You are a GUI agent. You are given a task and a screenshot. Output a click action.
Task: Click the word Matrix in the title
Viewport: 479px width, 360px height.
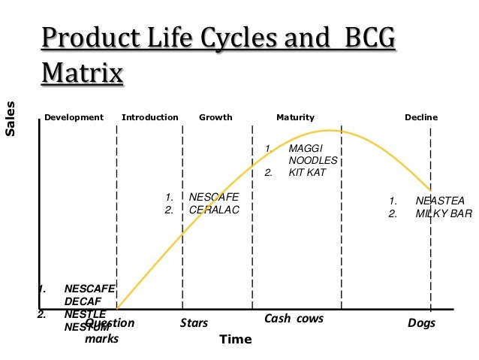point(83,74)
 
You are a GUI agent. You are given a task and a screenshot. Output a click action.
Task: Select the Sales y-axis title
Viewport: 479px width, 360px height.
point(11,119)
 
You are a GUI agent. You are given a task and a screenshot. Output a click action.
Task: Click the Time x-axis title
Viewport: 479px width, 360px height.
point(235,339)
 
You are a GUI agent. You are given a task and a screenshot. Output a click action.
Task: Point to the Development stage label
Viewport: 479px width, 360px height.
point(74,117)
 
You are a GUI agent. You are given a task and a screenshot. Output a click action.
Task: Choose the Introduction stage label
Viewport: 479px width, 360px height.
point(150,117)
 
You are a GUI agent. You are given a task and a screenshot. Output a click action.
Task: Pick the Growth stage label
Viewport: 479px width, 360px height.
point(215,117)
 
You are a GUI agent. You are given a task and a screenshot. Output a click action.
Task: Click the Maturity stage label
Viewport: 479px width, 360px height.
point(295,117)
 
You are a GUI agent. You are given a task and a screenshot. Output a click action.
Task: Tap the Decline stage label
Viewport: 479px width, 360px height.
point(421,117)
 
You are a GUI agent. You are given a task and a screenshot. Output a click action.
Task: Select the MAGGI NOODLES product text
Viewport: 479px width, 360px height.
point(313,154)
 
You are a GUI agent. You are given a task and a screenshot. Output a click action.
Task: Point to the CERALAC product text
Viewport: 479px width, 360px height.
point(213,210)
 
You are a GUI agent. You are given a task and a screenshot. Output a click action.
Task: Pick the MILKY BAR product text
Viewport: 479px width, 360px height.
point(443,213)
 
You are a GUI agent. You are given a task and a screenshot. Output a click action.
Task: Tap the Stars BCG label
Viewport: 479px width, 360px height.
point(194,324)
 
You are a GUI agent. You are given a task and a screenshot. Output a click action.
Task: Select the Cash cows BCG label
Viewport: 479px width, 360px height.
point(294,319)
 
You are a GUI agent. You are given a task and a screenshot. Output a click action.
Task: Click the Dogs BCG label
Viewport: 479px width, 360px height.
point(420,324)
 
